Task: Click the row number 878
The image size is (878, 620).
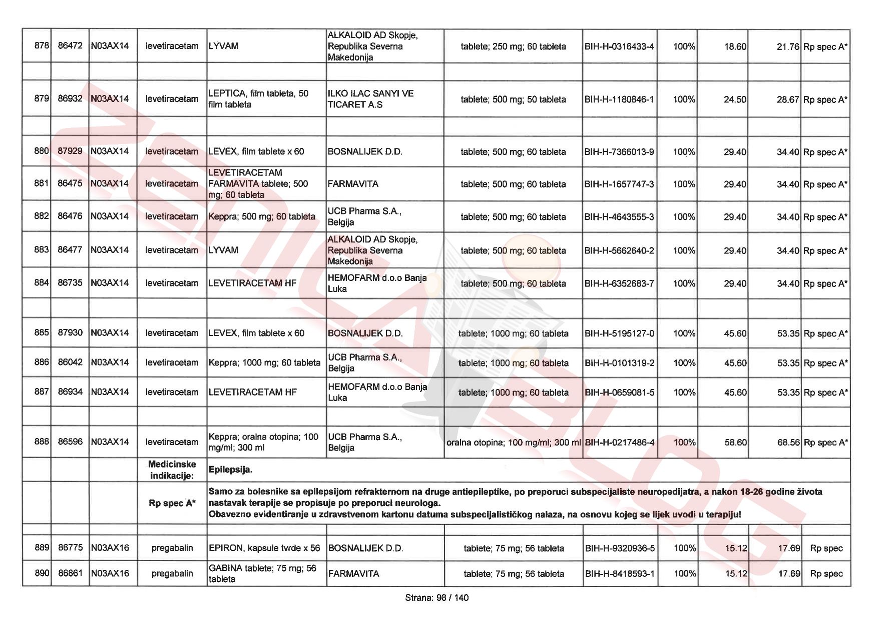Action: pos(42,46)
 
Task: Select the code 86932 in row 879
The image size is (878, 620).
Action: pos(70,99)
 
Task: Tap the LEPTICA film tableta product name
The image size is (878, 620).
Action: pos(258,99)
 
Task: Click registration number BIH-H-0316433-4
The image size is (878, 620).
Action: pos(619,46)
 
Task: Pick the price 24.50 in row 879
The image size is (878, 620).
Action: pos(734,99)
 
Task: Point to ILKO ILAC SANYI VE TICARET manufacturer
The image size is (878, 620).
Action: pos(370,99)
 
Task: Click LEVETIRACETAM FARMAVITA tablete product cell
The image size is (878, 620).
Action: pos(258,184)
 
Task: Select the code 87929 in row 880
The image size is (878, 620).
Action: pos(70,151)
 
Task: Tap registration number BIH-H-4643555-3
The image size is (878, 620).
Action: pos(619,216)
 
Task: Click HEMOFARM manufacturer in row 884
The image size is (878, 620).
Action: pos(377,283)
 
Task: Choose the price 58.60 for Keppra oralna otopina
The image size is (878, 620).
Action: pos(735,442)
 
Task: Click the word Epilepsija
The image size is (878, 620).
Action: pos(230,470)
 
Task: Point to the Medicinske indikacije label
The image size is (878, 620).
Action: pos(172,470)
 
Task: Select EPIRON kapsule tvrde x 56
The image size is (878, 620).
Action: pos(264,548)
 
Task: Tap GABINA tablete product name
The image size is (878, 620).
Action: pos(262,573)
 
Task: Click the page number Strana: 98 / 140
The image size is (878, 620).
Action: pos(437,597)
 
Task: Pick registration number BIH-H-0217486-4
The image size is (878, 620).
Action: pos(619,442)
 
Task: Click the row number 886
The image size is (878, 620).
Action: pos(42,362)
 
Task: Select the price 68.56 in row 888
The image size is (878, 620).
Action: pos(788,442)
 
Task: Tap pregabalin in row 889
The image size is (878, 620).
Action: pos(172,548)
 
